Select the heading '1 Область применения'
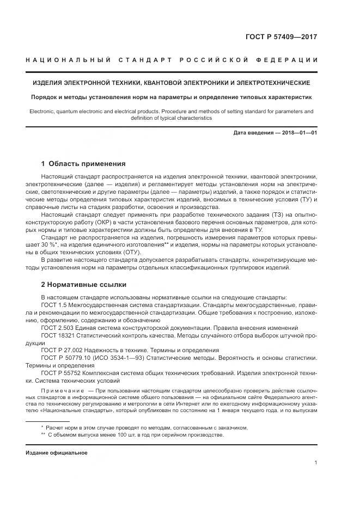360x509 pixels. pos(83,163)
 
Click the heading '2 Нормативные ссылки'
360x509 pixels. pos(84,284)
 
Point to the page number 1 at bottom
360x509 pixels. pos(316,463)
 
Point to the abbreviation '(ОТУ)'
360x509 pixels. pos(130,252)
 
